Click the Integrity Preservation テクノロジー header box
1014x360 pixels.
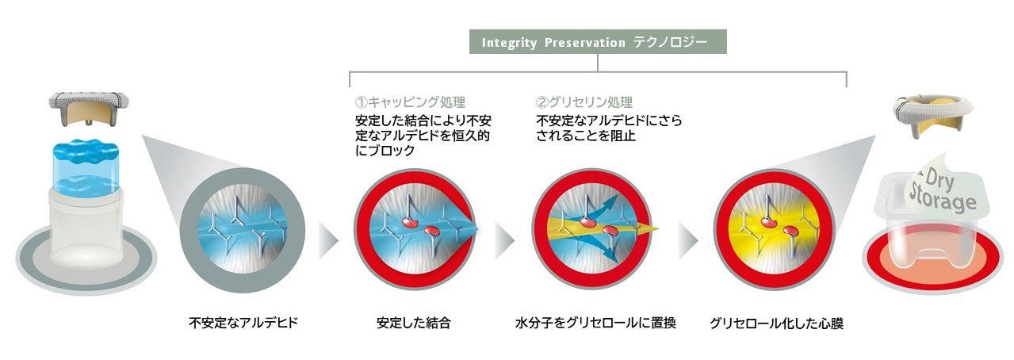coord(598,42)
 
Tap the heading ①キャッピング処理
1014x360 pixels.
coord(410,102)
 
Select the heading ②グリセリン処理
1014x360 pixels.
coord(584,102)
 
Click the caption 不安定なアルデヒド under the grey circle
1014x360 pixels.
coord(243,323)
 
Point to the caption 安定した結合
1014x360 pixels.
coord(414,323)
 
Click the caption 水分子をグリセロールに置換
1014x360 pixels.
coord(595,323)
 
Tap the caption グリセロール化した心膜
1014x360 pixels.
coord(776,324)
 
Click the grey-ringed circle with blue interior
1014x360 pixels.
coord(243,230)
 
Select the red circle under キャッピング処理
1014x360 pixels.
coord(415,229)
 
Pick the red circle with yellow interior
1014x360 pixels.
coord(774,229)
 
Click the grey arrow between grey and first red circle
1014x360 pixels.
coord(329,240)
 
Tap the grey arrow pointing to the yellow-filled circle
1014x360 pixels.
coord(688,240)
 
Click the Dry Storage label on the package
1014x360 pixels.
coord(942,190)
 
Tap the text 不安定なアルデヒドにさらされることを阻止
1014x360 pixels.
coord(609,128)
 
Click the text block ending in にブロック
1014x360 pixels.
coord(423,136)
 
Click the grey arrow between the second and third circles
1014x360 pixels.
coord(505,240)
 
